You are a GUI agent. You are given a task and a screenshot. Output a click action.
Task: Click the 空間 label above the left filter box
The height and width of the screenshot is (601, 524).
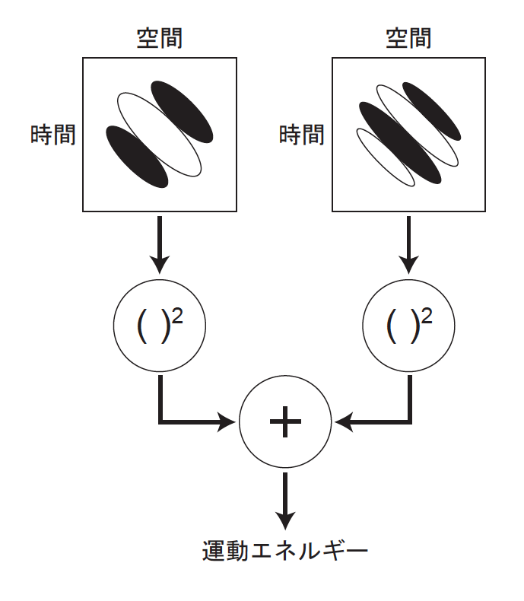159,38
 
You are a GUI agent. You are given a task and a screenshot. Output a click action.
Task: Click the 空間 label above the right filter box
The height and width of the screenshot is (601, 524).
408,38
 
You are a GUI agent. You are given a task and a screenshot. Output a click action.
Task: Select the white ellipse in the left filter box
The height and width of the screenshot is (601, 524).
159,134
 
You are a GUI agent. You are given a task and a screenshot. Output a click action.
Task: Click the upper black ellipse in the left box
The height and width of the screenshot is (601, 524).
183,111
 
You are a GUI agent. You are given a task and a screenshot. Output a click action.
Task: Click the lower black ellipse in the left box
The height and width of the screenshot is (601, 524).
136,157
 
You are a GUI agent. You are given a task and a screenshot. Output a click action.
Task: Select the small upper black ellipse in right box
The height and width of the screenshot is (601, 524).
431,111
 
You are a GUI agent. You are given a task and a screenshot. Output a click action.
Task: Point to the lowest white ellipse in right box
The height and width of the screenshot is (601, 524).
385,157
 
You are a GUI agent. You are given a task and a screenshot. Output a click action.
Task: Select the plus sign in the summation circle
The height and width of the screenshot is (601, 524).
285,421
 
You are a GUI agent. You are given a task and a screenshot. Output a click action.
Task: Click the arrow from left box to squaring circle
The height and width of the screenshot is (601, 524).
159,243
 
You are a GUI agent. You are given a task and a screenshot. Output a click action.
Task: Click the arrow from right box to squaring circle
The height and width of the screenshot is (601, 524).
409,243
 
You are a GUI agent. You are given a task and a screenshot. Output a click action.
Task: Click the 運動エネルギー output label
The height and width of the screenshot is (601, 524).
285,549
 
